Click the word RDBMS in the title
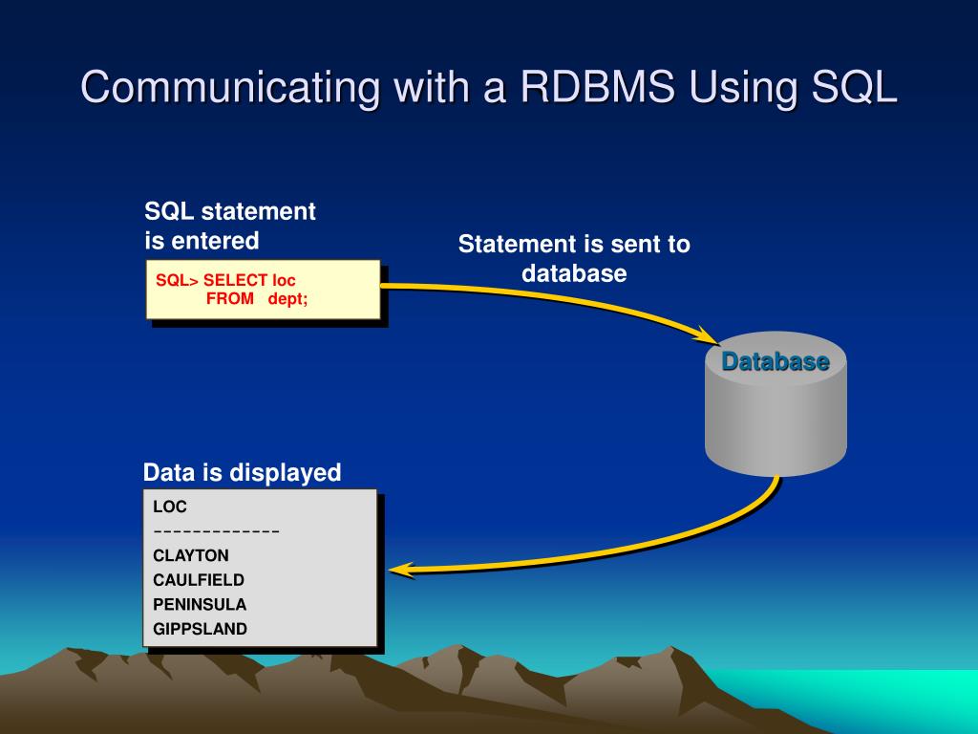592,87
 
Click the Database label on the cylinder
775,361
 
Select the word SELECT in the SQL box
235,280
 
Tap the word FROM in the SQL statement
230,298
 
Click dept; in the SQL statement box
287,298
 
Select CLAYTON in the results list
191,555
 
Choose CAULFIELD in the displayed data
199,579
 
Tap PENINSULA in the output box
200,604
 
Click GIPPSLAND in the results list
200,629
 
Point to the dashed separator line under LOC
216,531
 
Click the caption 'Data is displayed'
242,472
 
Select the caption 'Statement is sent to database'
574,258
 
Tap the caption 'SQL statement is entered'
229,226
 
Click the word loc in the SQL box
285,280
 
